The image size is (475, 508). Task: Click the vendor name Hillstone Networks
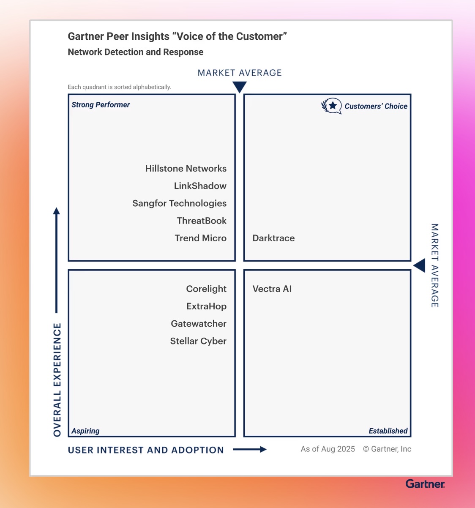click(186, 169)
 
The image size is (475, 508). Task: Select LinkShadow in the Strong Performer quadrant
click(200, 186)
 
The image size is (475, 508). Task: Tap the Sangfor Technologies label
click(179, 203)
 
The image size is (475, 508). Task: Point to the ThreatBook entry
click(202, 221)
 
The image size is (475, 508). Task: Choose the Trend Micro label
click(200, 238)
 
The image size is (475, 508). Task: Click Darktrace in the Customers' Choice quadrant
click(273, 238)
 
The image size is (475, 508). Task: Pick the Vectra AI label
click(272, 289)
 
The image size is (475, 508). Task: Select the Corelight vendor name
click(206, 289)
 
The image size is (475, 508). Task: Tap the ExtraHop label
click(206, 306)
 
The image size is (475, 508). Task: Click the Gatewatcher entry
click(199, 324)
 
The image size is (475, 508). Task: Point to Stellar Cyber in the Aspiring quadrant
click(198, 341)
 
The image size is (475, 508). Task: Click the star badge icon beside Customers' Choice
click(332, 106)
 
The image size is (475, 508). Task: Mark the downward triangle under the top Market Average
click(240, 87)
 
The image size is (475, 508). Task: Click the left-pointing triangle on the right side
click(419, 266)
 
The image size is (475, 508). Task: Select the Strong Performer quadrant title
click(101, 105)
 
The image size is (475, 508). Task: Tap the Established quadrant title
click(388, 431)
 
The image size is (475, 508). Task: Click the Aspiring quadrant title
click(85, 431)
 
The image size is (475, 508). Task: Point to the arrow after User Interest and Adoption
click(250, 450)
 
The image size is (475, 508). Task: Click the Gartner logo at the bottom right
click(425, 484)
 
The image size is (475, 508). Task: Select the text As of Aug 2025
click(328, 449)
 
